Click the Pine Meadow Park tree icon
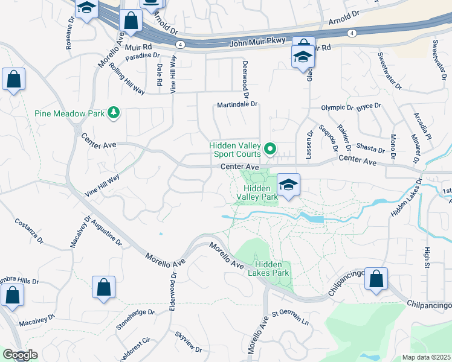tap(112, 112)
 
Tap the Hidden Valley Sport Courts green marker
tap(271, 148)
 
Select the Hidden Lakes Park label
tap(272, 269)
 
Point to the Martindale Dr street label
tap(237, 104)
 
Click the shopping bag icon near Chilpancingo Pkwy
tap(376, 279)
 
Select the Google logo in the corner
tap(19, 355)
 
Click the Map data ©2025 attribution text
tap(426, 357)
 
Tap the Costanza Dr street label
tap(29, 231)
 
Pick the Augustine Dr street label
tap(106, 233)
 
